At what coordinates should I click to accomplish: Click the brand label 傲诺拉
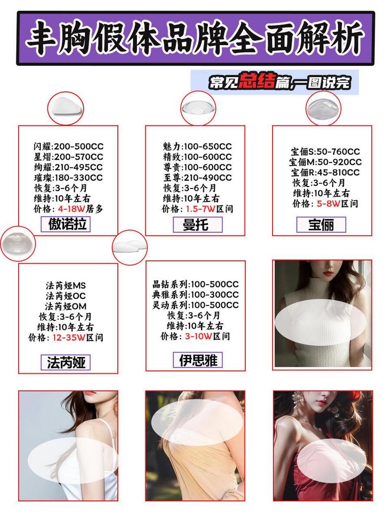pos(67,224)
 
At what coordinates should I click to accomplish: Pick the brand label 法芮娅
pos(65,362)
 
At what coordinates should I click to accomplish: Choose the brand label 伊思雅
pos(198,360)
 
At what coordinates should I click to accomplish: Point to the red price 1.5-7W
pos(200,209)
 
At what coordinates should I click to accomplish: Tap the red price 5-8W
pos(328,204)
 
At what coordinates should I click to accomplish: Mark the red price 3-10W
pos(199,336)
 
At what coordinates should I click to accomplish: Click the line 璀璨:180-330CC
pos(68,178)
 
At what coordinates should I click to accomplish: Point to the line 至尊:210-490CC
pos(197,178)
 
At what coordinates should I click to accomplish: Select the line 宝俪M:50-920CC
pos(325,162)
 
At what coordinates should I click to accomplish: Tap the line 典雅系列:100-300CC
pos(195,295)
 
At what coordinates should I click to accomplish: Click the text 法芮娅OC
pos(65,296)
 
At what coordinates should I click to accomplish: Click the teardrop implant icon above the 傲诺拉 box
pos(65,108)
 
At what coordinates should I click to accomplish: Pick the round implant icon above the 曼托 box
pos(198,108)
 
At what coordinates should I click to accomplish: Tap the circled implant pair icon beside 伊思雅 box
pos(130,247)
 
